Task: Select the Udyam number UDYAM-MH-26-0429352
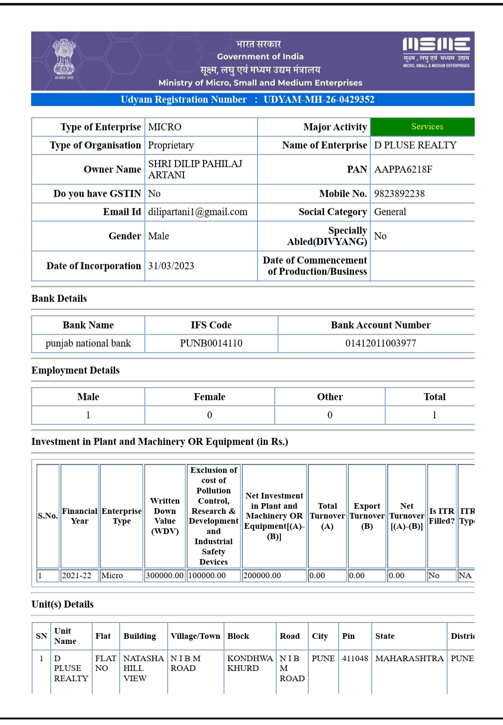pyautogui.click(x=319, y=100)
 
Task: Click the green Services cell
pyautogui.click(x=427, y=127)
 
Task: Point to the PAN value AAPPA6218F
pyautogui.click(x=403, y=170)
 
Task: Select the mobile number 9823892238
pyautogui.click(x=399, y=194)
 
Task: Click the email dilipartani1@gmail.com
pyautogui.click(x=197, y=212)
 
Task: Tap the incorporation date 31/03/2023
pyautogui.click(x=171, y=266)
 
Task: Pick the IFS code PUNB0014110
pyautogui.click(x=211, y=343)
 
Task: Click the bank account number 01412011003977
pyautogui.click(x=381, y=343)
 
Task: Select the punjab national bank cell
pyautogui.click(x=88, y=343)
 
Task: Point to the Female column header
pyautogui.click(x=209, y=397)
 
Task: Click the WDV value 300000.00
pyautogui.click(x=165, y=576)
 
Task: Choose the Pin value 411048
pyautogui.click(x=355, y=658)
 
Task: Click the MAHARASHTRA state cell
pyautogui.click(x=409, y=658)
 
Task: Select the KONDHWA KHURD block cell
pyautogui.click(x=250, y=663)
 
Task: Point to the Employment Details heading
pyautogui.click(x=75, y=370)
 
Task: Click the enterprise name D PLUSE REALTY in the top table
pyautogui.click(x=415, y=145)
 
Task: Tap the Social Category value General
pyautogui.click(x=390, y=212)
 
